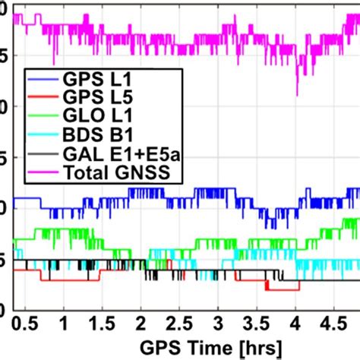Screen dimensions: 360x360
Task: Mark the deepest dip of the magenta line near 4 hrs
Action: click(x=297, y=94)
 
